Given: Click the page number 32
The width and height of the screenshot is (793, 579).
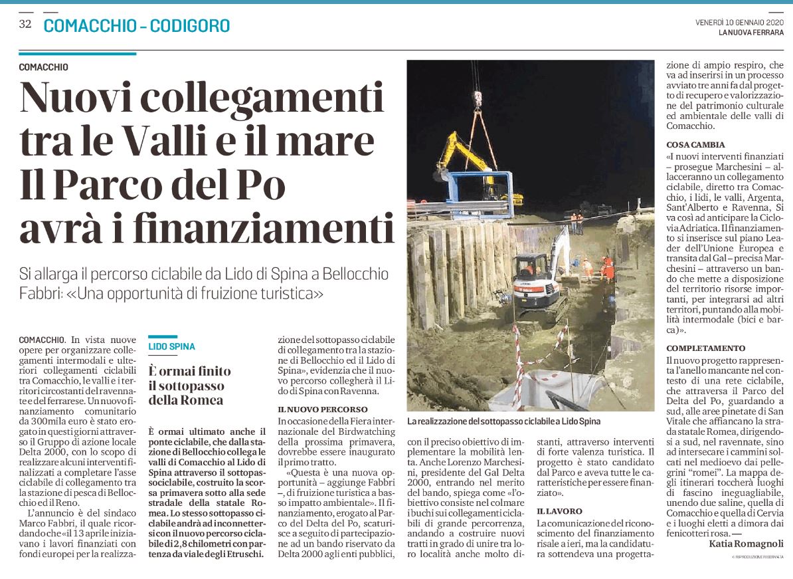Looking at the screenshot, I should point(25,25).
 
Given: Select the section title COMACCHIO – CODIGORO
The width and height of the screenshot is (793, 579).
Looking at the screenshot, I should point(137,26).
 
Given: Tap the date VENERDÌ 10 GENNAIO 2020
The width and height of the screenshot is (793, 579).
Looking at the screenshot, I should point(740,23).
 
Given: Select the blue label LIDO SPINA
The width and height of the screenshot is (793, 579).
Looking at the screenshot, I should point(171,347).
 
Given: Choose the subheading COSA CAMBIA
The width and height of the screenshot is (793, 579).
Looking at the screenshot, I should point(695,144).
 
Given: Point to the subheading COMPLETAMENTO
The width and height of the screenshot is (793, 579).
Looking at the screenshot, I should point(705,348).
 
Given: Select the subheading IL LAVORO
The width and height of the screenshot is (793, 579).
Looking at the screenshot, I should point(559,511).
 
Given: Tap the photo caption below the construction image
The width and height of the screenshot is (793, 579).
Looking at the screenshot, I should point(503,421).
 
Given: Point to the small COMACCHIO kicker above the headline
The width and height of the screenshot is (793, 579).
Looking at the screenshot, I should point(43,67).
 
